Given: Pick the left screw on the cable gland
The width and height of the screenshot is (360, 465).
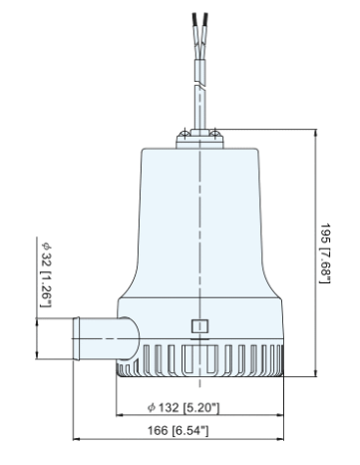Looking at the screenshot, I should click(x=183, y=125).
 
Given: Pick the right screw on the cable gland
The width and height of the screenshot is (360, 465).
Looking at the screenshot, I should click(x=215, y=125).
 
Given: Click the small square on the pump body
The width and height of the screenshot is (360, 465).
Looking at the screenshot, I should click(x=198, y=325).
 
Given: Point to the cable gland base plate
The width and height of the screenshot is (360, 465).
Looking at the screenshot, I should click(x=199, y=137).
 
